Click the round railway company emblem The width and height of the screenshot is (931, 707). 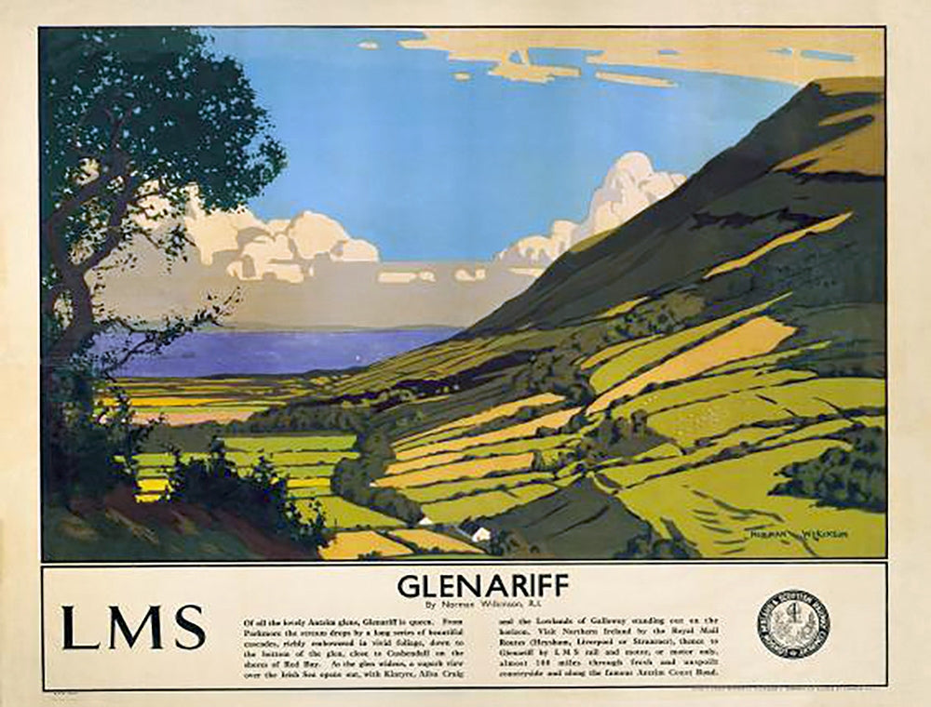792,624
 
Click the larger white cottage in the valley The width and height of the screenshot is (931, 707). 480,534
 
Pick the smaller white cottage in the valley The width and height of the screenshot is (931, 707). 424,522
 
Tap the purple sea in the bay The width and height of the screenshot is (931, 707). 279,351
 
